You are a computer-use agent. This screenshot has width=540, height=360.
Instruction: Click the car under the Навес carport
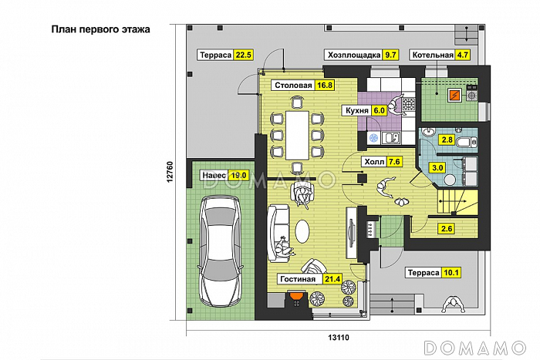pos(219,251)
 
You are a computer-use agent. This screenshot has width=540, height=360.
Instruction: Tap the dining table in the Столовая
pos(297,135)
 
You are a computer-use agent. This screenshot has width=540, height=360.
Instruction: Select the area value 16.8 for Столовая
pos(325,85)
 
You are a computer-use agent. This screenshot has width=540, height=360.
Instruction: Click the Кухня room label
pos(356,110)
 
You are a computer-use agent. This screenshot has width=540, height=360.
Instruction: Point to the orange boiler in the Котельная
pos(454,95)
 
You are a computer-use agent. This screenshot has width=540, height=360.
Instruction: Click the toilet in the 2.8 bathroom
pos(467,141)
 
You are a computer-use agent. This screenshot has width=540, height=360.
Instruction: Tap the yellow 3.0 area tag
pos(437,167)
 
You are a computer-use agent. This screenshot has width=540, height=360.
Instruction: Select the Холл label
pos(374,161)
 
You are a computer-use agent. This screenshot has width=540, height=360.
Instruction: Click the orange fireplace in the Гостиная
pos(296,296)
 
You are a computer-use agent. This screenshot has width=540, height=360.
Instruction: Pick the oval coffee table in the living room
pos(302,230)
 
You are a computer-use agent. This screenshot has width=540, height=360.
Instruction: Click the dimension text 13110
pos(338,338)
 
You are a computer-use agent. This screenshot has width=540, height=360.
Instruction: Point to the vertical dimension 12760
pos(170,172)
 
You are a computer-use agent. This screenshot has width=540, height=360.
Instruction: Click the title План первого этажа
pos(100,29)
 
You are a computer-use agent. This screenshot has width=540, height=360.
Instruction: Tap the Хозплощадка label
pos(353,55)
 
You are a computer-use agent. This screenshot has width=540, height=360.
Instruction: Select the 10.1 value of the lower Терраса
pos(451,273)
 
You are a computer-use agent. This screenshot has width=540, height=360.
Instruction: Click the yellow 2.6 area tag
pos(447,228)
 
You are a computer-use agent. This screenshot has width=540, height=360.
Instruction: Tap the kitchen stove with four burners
pos(409,104)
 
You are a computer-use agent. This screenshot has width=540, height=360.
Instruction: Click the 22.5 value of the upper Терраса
pos(244,55)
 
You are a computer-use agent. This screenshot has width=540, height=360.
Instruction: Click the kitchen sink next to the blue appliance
pos(391,138)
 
